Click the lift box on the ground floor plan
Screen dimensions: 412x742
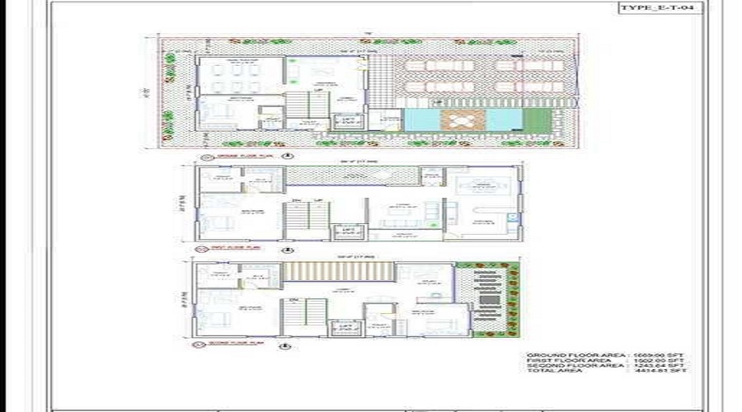(347, 121)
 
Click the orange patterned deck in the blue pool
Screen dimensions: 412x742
(456, 120)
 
